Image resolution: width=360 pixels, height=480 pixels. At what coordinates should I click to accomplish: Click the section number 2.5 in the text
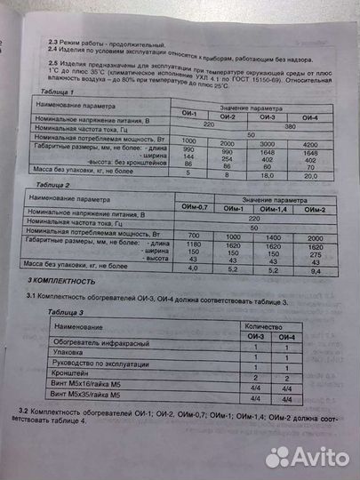pyautogui.click(x=54, y=65)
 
